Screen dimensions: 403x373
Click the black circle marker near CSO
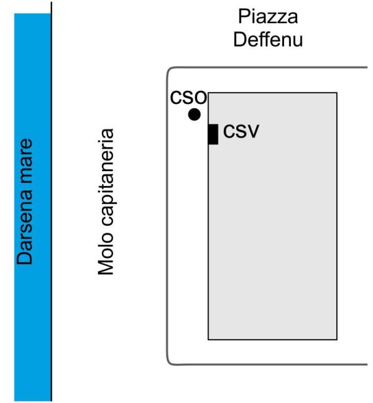(195, 114)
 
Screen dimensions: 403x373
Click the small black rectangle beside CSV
(213, 134)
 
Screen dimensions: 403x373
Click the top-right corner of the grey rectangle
(337, 93)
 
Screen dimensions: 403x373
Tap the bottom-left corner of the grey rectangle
(208, 340)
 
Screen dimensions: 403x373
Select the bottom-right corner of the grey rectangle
(337, 340)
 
